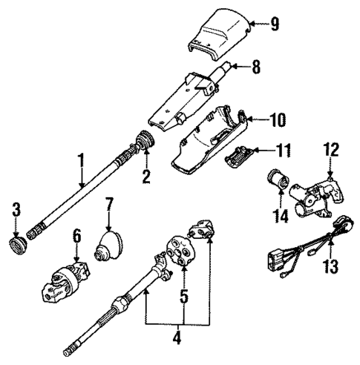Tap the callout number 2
(x=146, y=177)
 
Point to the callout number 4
(x=177, y=339)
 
